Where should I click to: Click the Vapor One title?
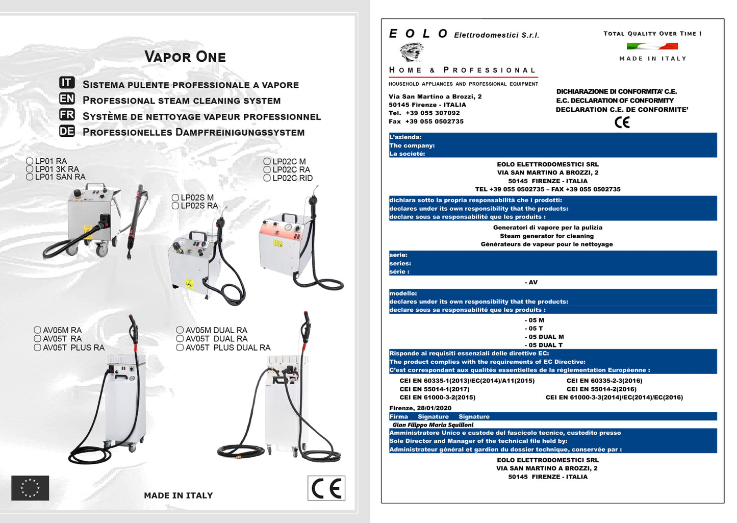(x=185, y=57)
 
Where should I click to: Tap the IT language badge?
(x=67, y=83)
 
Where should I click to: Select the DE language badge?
(x=67, y=131)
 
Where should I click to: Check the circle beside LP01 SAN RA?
(x=30, y=177)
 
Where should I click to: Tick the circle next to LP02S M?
(x=175, y=197)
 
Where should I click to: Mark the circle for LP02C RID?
(x=267, y=178)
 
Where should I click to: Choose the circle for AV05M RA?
(x=37, y=330)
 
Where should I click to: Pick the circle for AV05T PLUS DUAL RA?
(x=180, y=347)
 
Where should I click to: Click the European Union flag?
(x=30, y=488)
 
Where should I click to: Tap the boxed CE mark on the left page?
(x=326, y=488)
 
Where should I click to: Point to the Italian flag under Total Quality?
(x=652, y=46)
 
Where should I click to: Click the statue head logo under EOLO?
(x=412, y=52)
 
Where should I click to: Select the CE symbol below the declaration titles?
(x=622, y=122)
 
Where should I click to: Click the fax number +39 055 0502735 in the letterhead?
(x=434, y=121)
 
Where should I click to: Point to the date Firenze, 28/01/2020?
(x=420, y=408)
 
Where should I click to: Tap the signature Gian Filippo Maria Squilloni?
(x=433, y=425)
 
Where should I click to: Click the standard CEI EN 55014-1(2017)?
(x=434, y=389)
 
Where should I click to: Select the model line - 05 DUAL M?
(x=544, y=337)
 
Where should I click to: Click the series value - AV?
(x=531, y=282)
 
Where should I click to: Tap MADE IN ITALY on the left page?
(x=178, y=495)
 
